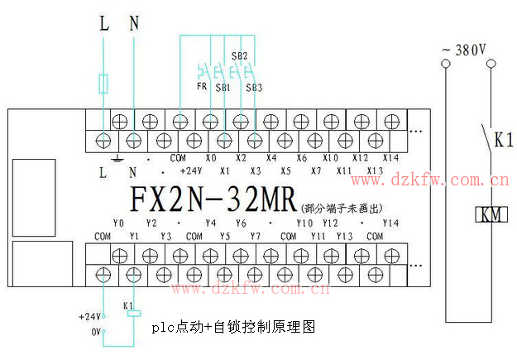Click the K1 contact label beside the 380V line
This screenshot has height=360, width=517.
[x=504, y=141]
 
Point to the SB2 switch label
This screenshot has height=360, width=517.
[x=239, y=56]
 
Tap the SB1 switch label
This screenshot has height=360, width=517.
[x=222, y=87]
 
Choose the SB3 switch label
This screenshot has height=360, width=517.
[x=254, y=87]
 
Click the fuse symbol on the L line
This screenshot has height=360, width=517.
[x=103, y=84]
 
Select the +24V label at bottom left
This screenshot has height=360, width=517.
[x=89, y=317]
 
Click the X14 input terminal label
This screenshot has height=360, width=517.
[x=390, y=157]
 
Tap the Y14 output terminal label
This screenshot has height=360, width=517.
[x=390, y=223]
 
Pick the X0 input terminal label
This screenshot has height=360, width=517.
[x=211, y=157]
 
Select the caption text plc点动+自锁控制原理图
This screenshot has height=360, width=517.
[x=234, y=328]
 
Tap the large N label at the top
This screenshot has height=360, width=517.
[x=135, y=23]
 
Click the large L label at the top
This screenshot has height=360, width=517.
[x=104, y=23]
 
